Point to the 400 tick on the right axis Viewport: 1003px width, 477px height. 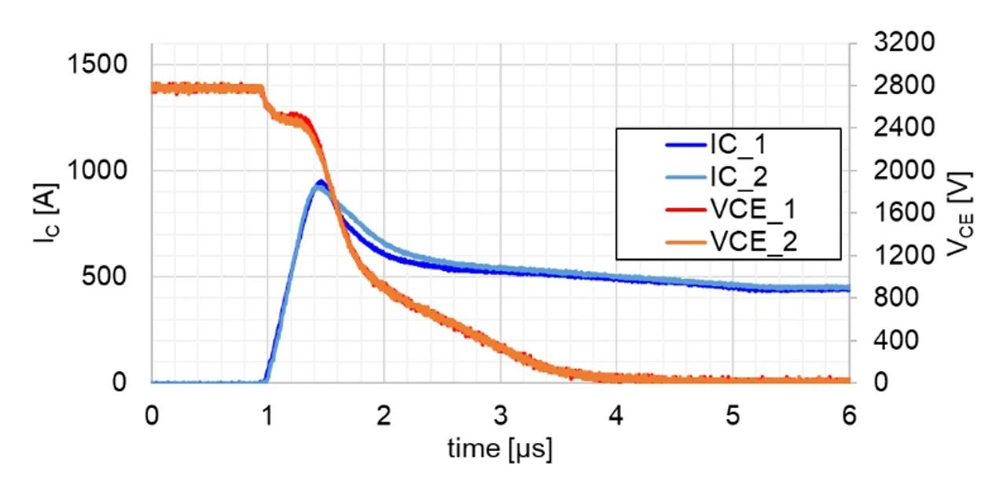point(909,340)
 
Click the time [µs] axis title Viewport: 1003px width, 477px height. point(500,449)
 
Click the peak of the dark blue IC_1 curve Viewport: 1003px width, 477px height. point(321,182)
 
